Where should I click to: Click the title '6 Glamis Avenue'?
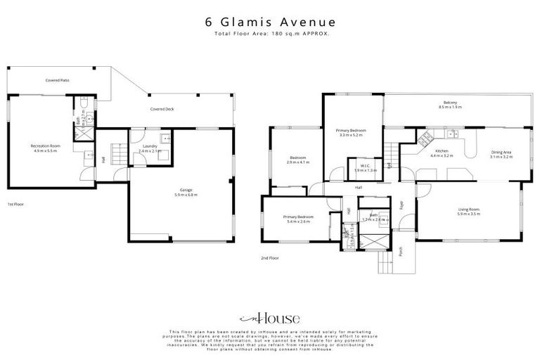(270, 22)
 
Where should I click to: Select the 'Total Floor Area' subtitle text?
(270, 34)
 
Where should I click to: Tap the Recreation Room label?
(43, 146)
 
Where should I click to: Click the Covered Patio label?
(58, 80)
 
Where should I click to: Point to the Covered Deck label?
(162, 109)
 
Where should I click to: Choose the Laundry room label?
(150, 147)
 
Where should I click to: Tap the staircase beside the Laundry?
(117, 152)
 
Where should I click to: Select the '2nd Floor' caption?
(270, 258)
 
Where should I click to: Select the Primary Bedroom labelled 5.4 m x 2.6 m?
(298, 219)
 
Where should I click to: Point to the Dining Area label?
(501, 153)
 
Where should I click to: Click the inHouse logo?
(270, 317)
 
